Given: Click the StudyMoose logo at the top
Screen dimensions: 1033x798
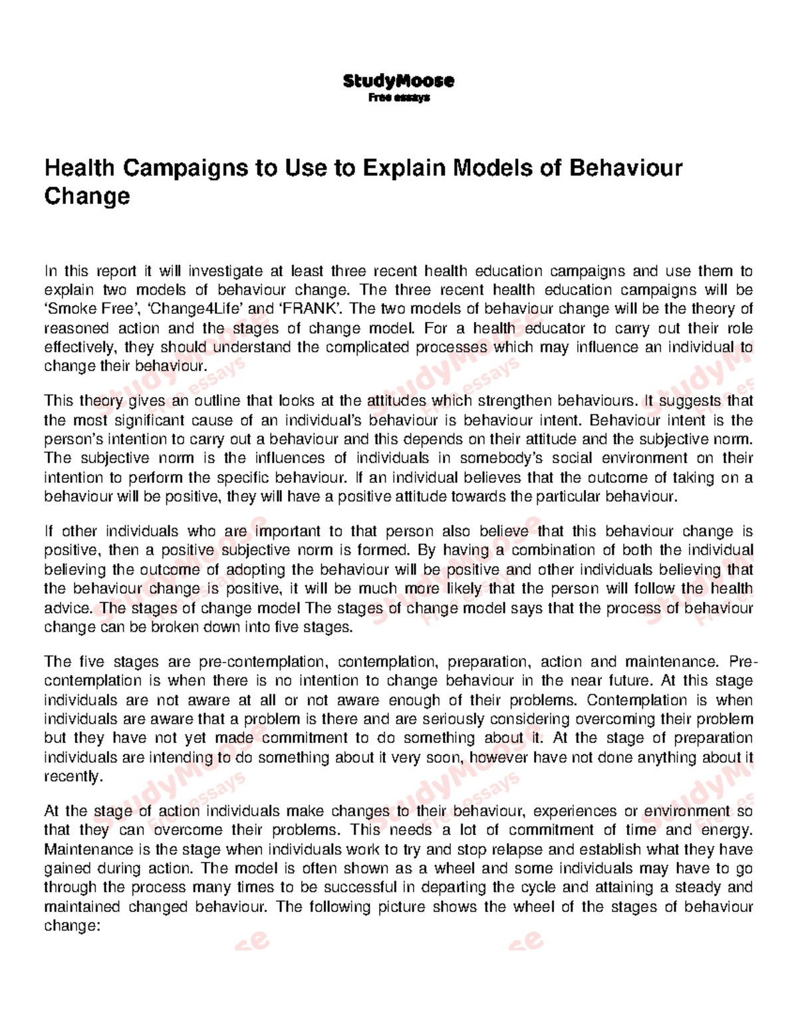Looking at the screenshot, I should point(398,81).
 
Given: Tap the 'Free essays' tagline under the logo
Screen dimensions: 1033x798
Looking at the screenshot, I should point(399,98).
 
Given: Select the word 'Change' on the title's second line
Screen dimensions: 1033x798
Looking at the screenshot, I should point(87,196).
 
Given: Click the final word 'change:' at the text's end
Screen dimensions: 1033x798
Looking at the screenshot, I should point(71,926).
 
